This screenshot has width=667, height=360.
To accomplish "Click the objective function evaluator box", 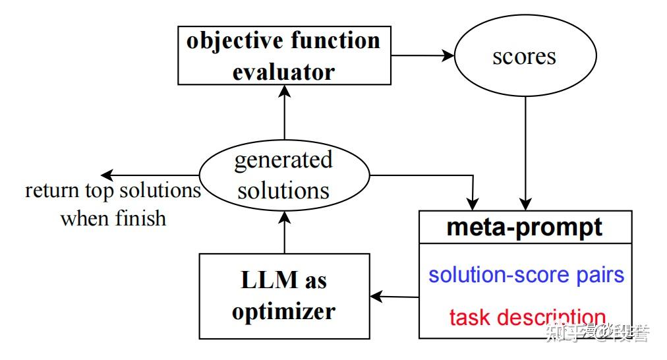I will point(283,55).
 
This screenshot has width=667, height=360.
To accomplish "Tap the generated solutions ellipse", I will point(283,175).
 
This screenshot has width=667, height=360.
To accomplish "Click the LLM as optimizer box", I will point(283,295).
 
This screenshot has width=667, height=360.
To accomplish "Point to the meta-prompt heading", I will point(525,227).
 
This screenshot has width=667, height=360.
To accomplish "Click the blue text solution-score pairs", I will point(526,274).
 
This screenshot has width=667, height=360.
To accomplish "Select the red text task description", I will point(526,316).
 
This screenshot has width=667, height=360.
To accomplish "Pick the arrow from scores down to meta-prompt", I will point(525,152).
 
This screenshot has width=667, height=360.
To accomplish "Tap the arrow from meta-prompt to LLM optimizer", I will point(395,296).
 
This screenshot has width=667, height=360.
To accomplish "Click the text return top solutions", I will point(113,191).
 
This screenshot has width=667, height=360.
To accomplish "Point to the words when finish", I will point(113,218).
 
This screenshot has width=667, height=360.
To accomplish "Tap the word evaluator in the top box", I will point(283,71).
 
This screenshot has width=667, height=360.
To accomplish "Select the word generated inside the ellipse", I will point(283,160).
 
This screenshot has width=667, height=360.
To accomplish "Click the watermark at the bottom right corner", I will point(597,333).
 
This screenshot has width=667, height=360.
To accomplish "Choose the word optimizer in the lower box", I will point(283,311).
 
